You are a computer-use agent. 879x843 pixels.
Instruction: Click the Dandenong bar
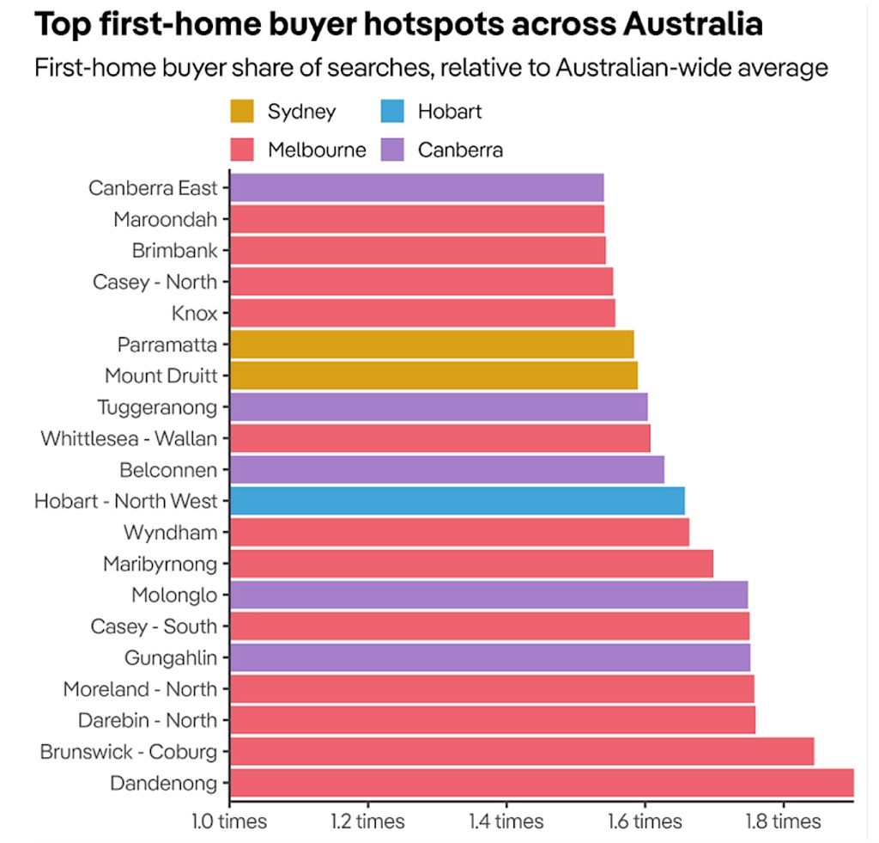541,783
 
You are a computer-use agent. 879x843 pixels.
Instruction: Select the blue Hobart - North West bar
457,500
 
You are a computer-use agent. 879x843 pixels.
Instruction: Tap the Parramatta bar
431,345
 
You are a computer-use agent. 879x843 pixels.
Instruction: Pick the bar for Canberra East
416,187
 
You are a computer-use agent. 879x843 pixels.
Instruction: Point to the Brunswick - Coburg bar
521,751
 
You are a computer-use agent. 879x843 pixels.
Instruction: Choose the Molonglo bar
488,595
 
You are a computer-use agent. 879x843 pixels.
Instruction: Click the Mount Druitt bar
433,376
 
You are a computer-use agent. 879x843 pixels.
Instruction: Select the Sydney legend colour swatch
242,111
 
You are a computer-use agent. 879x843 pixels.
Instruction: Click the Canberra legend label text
460,150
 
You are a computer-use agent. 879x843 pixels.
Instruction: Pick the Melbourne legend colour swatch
242,150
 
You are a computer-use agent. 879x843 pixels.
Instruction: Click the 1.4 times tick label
506,822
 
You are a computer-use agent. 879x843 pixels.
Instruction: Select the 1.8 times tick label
783,822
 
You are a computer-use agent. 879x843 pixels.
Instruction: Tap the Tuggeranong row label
157,406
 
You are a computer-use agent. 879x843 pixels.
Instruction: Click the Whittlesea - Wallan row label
129,438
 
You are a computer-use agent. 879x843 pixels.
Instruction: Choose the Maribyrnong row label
160,564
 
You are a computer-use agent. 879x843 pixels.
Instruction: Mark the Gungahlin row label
171,657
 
